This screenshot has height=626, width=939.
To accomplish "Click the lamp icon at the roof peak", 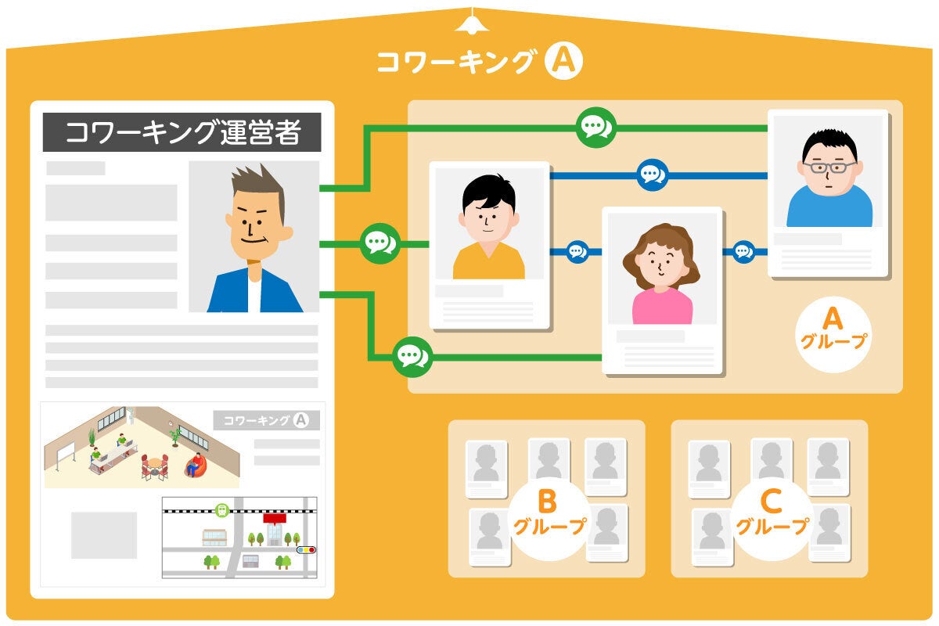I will pos(472,23).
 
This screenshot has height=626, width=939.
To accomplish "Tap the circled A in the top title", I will pos(563,62).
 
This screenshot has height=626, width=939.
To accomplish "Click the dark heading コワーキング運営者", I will pos(182,133).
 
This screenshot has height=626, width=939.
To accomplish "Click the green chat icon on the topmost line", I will pos(595,127).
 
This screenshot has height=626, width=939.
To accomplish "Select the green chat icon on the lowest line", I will pos(412,357).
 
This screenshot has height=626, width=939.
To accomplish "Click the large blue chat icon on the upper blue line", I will pos(652,174).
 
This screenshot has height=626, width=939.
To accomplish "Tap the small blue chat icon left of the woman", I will pos(577,251).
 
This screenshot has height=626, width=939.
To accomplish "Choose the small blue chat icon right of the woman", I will pos(743,251).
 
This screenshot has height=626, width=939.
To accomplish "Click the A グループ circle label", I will pos(833,329).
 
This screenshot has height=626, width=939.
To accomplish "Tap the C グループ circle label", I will pos(772,513).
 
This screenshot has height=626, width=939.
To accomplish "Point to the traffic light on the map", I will pos(306,550).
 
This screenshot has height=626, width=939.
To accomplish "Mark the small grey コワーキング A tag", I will pos(266,420).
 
